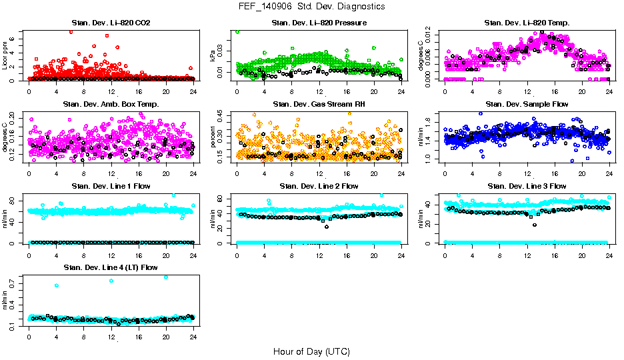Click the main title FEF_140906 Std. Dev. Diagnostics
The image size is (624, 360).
click(311, 7)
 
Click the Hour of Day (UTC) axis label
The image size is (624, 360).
click(311, 351)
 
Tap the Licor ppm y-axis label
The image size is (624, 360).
click(5, 56)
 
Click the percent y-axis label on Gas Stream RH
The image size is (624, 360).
click(213, 137)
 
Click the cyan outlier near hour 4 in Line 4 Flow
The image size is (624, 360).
click(57, 285)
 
